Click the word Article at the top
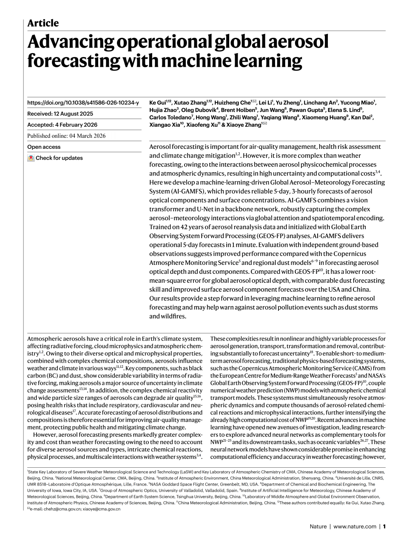(x=43, y=23)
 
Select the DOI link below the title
(x=83, y=102)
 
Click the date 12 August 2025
(x=74, y=114)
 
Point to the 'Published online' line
(x=66, y=136)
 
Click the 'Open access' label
(x=44, y=147)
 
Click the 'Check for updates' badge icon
(x=31, y=158)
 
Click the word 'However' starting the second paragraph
(x=45, y=435)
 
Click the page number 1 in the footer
(x=384, y=526)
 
